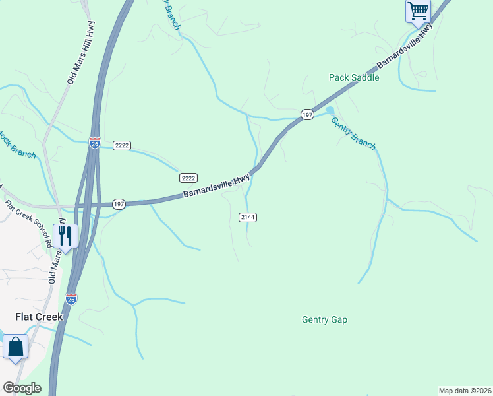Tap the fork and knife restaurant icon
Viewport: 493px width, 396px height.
65,236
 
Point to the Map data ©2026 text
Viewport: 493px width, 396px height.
465,391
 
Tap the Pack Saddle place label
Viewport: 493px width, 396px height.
354,77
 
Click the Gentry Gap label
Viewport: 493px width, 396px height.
324,319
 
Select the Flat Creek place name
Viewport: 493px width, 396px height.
39,317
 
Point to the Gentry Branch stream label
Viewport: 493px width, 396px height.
353,133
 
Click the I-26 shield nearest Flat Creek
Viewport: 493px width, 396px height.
71,299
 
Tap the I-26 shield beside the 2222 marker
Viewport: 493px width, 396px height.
94,143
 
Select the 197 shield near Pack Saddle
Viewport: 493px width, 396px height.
307,115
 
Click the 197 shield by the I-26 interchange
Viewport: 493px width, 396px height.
119,205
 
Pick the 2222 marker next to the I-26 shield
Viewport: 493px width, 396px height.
121,145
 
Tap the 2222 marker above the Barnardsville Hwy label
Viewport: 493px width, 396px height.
188,178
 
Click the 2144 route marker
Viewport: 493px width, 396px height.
247,217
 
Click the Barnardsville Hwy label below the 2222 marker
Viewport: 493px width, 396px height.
216,187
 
